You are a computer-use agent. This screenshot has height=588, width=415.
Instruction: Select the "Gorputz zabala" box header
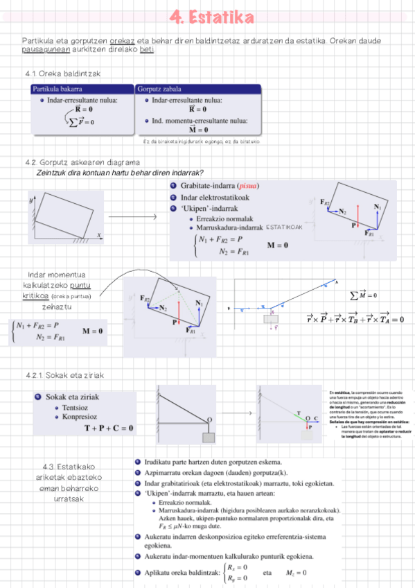tap(160, 89)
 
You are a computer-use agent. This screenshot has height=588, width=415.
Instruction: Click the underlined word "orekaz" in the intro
tap(122, 41)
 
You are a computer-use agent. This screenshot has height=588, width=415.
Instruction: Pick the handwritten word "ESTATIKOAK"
tap(284, 227)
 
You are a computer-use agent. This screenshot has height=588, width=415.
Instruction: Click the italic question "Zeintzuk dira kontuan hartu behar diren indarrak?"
tap(119, 173)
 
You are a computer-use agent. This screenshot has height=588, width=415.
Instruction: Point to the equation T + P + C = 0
tap(109, 428)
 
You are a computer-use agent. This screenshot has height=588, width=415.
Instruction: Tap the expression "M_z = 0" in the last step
tap(296, 573)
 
